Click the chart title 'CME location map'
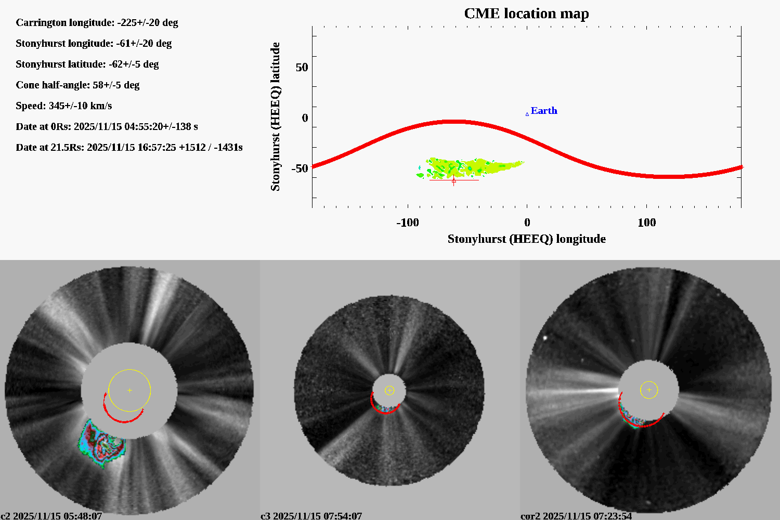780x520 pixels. point(526,14)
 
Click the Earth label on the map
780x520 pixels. point(544,111)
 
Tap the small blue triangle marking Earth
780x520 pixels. point(527,114)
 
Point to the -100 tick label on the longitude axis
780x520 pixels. point(407,223)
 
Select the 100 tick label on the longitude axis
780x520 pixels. point(646,223)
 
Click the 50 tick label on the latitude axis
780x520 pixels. point(302,68)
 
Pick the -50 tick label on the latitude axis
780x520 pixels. point(300,168)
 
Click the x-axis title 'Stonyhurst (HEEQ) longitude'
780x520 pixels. point(526,239)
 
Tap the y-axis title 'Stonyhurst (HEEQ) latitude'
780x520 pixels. point(275,116)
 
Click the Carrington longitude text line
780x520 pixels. point(97,23)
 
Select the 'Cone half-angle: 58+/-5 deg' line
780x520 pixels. point(77,85)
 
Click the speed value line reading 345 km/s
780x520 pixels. point(64,106)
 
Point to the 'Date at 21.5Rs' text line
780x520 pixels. point(129,148)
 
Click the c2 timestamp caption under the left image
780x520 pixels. point(51,516)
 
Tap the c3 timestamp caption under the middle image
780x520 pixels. point(311,516)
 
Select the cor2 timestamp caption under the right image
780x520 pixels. point(576,516)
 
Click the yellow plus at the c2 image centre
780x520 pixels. point(129,390)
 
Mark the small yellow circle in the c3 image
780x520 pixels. point(389,391)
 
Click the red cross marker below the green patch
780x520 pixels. point(454,180)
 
